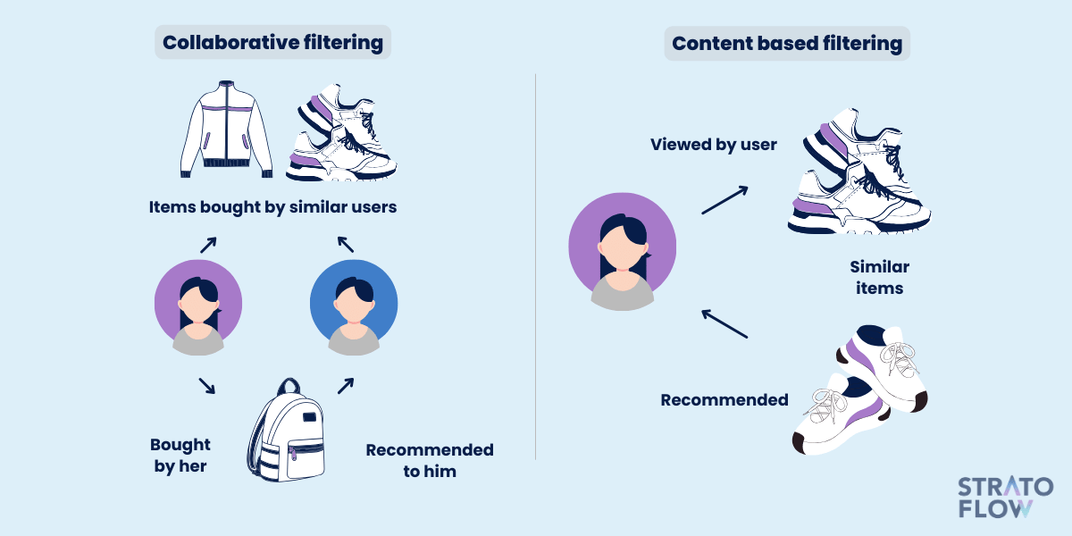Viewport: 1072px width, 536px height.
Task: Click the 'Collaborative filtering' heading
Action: pos(272,42)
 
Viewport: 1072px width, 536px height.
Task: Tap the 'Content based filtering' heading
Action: pos(787,43)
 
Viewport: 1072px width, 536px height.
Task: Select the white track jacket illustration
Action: pos(226,130)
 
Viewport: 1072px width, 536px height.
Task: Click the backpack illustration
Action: pos(286,430)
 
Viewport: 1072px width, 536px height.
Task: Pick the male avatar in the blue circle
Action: pos(354,307)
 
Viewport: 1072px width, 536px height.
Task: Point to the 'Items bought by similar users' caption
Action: pos(272,207)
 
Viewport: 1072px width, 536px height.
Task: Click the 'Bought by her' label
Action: pos(180,455)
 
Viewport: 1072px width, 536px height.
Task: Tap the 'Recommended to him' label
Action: pos(430,460)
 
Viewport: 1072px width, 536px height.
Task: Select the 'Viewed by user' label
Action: pos(713,145)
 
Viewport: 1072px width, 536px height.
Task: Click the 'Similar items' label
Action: pos(880,278)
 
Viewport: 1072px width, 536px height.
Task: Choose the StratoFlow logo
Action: pos(1006,498)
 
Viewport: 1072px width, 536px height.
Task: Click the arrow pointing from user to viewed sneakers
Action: pos(724,200)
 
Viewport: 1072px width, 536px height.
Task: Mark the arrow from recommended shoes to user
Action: pos(724,324)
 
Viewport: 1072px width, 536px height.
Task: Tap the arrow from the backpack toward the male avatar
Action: pos(346,386)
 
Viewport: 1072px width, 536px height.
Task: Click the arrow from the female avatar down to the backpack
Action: pos(206,386)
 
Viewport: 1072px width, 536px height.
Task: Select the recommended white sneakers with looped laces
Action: pos(860,390)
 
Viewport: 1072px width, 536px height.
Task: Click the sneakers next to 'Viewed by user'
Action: pos(859,172)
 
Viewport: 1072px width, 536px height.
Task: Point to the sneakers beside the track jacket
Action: pos(341,132)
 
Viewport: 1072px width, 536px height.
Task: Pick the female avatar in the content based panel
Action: pos(622,252)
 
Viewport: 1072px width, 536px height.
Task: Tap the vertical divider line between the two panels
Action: pos(535,266)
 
